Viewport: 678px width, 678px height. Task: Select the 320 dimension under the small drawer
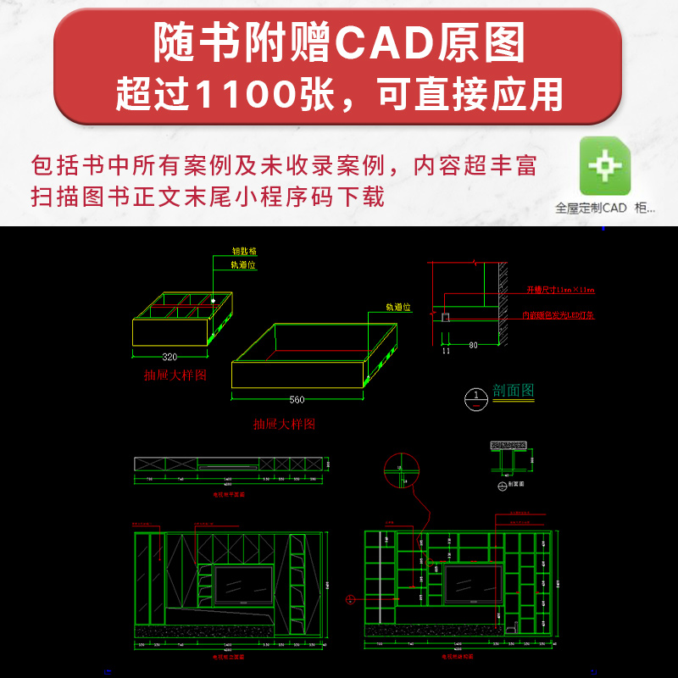(x=169, y=357)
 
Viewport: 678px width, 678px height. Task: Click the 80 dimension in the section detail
(x=473, y=345)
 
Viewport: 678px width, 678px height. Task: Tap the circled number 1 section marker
(x=477, y=395)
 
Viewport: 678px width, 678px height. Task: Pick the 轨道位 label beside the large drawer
(x=397, y=308)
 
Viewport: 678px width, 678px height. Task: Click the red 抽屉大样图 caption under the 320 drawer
(x=176, y=375)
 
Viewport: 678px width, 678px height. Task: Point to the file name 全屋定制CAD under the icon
(x=591, y=207)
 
